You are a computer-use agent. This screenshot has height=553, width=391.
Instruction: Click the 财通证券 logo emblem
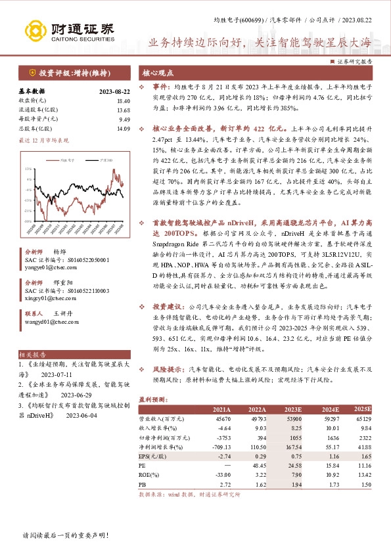tap(35, 30)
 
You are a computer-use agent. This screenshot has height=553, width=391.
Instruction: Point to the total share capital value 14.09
tap(124, 129)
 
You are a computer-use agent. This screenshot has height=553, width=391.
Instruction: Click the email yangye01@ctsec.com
tap(47, 268)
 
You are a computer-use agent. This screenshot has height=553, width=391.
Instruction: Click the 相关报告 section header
tap(32, 353)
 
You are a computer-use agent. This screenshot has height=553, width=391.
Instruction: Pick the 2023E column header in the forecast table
tap(290, 408)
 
